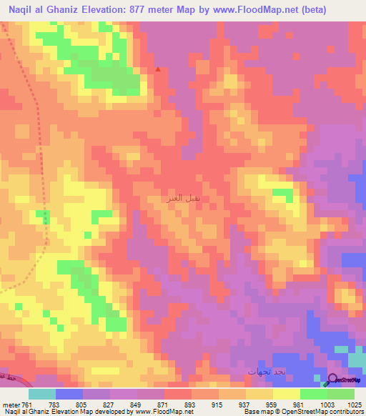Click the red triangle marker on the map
(x=158, y=69)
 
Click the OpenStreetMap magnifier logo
(x=332, y=380)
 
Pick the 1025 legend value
(x=355, y=405)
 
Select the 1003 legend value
(x=327, y=405)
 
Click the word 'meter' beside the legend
(x=10, y=405)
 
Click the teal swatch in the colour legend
(x=42, y=394)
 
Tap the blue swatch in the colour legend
(x=69, y=394)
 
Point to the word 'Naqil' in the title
(x=22, y=10)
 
